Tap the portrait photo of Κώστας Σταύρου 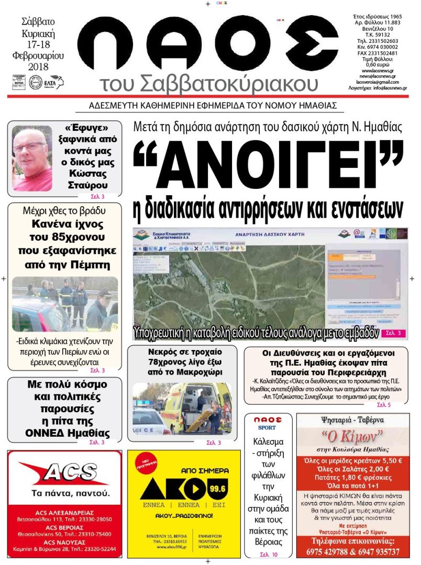click(32, 158)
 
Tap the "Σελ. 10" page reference click(269, 554)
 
